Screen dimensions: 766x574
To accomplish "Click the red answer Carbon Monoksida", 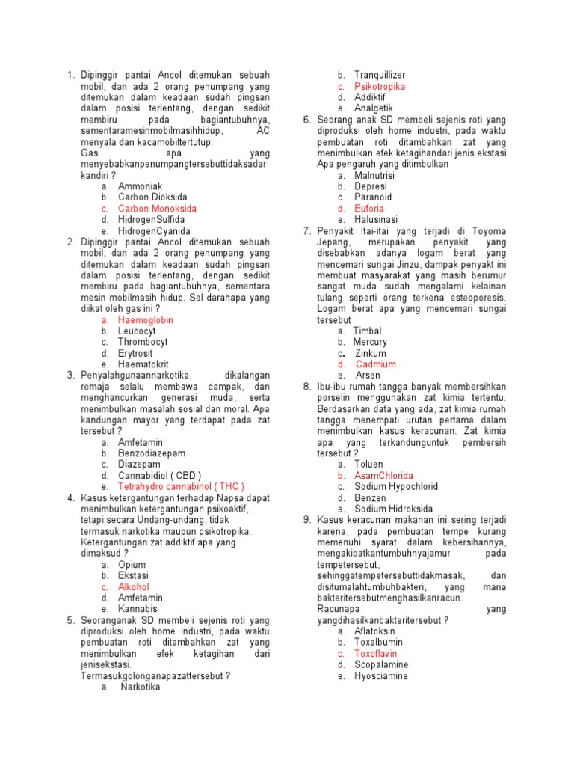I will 157,209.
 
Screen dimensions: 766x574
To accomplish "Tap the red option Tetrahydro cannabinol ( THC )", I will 181,485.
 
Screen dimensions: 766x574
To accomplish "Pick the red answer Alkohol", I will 135,587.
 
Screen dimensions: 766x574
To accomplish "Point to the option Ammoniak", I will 140,186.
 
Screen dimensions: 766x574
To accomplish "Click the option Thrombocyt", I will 143,342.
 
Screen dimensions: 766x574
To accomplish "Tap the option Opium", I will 132,565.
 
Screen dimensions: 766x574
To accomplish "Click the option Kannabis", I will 138,609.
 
